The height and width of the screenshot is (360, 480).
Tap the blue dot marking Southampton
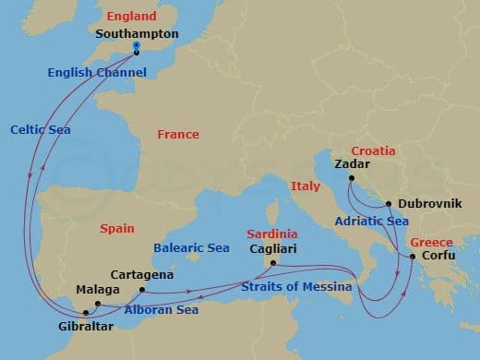(136, 45)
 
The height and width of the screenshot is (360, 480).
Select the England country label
(131, 17)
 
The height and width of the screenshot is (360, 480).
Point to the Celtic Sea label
(36, 128)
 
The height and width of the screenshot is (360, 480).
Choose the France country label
(177, 135)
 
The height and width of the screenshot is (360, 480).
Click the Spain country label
(117, 228)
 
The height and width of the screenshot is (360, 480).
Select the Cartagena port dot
(141, 290)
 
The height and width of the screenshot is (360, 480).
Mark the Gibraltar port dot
(84, 313)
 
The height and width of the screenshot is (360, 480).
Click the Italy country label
(305, 186)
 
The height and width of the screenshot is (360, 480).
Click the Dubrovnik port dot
(389, 204)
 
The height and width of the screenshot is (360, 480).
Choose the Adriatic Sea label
(373, 222)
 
